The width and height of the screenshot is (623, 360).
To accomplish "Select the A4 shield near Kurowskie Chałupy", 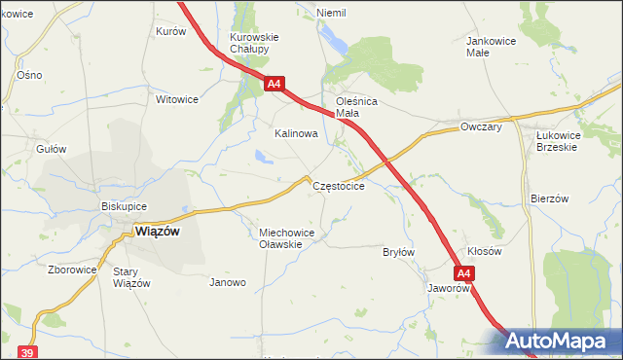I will tap(275, 84).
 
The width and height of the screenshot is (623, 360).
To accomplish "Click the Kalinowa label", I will tap(297, 133).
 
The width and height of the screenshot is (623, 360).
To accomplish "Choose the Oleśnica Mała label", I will tap(356, 106).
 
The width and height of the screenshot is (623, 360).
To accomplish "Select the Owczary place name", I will tap(481, 126).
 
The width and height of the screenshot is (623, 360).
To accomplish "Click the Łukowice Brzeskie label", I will tap(557, 141).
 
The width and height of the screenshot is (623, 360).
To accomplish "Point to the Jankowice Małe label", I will tap(491, 47).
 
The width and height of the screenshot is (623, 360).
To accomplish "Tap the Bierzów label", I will tap(549, 198).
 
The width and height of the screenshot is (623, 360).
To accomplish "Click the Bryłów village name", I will tap(399, 252).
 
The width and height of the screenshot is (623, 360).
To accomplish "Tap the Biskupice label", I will tap(124, 206).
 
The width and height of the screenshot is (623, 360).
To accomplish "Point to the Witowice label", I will tap(177, 99).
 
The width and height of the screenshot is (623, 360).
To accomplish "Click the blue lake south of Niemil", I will tap(336, 40).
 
